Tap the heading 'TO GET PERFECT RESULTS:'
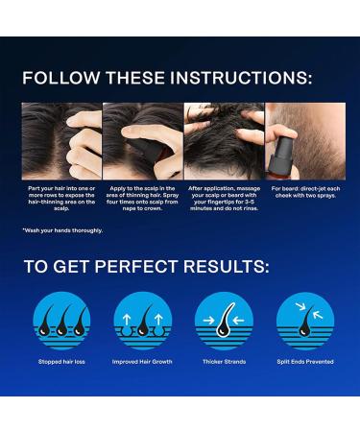pos(146,267)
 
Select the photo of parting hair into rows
pos(61,140)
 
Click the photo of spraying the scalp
pos(142,140)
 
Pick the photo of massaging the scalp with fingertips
pos(224,140)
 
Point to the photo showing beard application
pos(305,140)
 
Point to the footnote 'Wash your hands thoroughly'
pos(62,230)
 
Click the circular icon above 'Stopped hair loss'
pos(61,320)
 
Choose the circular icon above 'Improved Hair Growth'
pos(142,320)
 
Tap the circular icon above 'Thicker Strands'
pos(224,320)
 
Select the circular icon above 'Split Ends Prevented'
pos(305,320)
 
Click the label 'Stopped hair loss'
pos(61,362)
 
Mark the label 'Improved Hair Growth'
pos(142,362)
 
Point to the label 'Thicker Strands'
pos(224,362)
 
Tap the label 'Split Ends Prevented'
pos(305,362)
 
